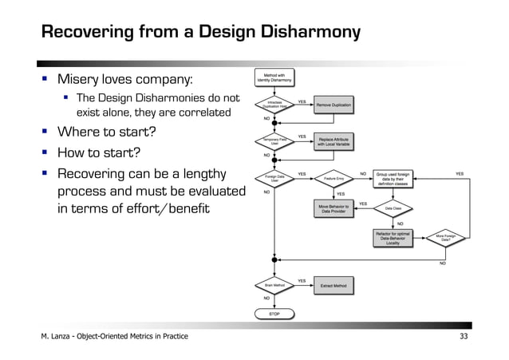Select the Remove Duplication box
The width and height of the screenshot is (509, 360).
pyautogui.click(x=333, y=105)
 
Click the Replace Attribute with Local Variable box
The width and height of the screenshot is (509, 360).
pyautogui.click(x=333, y=141)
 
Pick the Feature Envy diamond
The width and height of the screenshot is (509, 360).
pyautogui.click(x=333, y=179)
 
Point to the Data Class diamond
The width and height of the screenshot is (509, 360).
pyautogui.click(x=393, y=208)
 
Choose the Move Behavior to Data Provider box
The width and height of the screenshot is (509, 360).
pyautogui.click(x=333, y=209)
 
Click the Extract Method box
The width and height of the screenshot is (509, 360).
pyautogui.click(x=333, y=284)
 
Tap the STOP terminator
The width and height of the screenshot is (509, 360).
pyautogui.click(x=274, y=315)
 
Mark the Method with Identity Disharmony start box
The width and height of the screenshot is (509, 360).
pyautogui.click(x=274, y=77)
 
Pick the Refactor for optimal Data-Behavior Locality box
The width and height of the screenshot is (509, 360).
pyautogui.click(x=393, y=237)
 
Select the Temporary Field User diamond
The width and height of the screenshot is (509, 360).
pyautogui.click(x=274, y=141)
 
